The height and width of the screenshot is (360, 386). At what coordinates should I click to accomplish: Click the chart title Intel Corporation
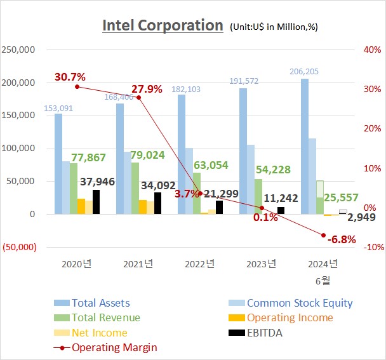(x=163, y=26)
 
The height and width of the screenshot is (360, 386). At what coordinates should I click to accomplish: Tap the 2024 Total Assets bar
(x=304, y=146)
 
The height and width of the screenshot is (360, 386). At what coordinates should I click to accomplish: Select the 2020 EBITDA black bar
(x=96, y=202)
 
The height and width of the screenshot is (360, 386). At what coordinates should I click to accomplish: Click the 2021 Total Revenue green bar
(x=135, y=188)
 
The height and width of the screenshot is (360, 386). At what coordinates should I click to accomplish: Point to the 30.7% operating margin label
(x=70, y=77)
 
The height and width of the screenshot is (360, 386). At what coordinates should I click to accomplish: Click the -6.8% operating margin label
(x=342, y=239)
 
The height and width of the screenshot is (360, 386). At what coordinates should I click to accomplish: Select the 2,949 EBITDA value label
(x=362, y=218)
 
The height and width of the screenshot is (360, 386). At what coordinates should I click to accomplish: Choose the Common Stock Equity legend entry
(x=299, y=303)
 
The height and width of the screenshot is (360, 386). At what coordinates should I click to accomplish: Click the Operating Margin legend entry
(x=114, y=347)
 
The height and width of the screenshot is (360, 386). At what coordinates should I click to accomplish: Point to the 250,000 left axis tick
(x=18, y=50)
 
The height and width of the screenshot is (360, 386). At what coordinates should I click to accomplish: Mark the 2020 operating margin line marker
(x=77, y=86)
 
